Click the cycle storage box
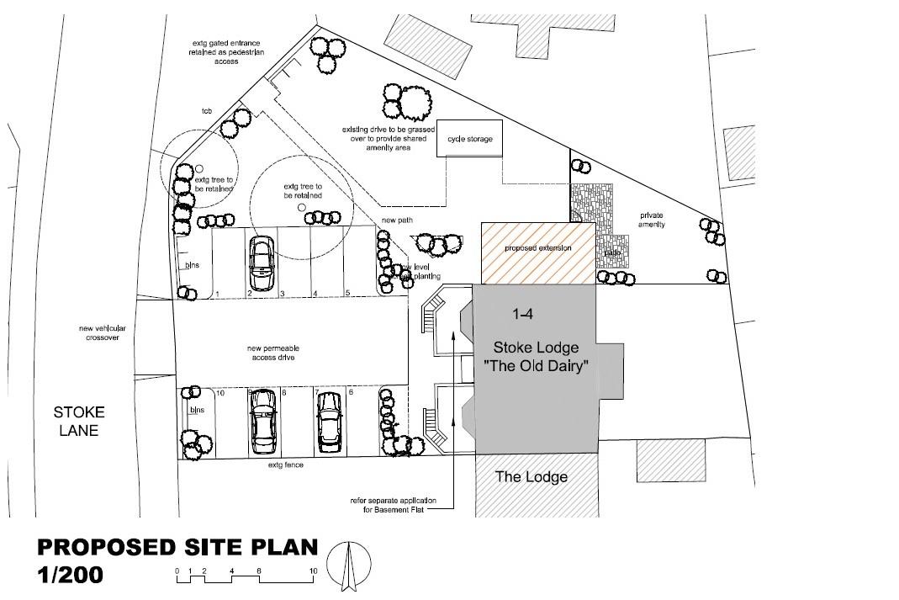tap(469, 139)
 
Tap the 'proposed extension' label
tap(537, 248)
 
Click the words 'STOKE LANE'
tap(79, 422)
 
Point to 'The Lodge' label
tap(531, 477)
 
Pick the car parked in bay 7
tap(328, 421)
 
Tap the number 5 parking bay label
tap(347, 294)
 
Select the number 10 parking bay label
tap(220, 393)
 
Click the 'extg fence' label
tap(286, 465)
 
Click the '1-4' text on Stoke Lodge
tap(523, 314)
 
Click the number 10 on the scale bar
tap(313, 571)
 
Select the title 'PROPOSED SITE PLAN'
tap(177, 548)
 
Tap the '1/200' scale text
tap(70, 576)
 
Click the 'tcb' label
tap(206, 111)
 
